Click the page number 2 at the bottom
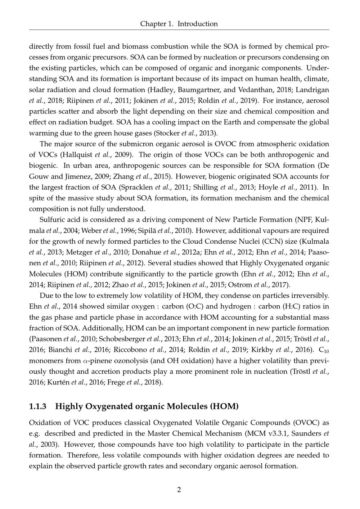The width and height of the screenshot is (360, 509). pos(179,490)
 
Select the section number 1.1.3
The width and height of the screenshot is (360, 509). pos(38,406)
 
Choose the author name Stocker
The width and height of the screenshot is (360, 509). pos(167,133)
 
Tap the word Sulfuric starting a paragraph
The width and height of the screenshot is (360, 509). pos(52,220)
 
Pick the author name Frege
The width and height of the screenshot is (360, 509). pos(115,382)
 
